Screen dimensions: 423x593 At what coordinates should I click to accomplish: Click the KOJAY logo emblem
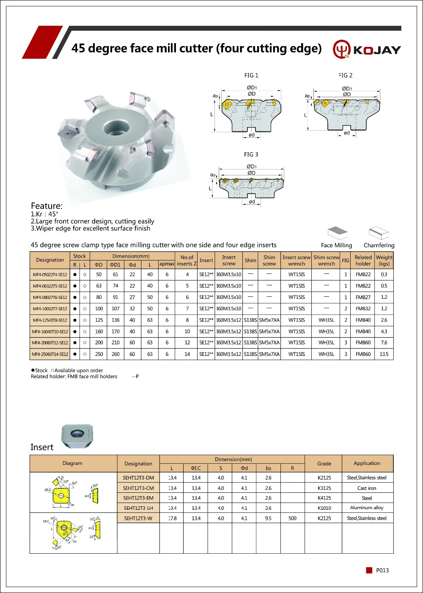click(x=342, y=49)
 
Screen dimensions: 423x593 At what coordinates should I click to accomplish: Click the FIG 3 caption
click(x=251, y=154)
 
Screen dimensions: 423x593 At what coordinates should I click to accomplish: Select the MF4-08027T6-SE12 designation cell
click(x=50, y=297)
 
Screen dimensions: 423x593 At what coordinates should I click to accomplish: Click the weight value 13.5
click(x=384, y=354)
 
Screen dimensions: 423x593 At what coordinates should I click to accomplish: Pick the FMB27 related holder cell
click(x=363, y=297)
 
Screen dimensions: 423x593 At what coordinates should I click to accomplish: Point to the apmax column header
click(x=167, y=264)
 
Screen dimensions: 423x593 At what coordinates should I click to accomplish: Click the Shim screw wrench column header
click(x=326, y=260)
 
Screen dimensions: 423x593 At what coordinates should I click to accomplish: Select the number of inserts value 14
click(x=187, y=354)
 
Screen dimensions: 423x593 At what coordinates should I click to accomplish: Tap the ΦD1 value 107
click(x=115, y=309)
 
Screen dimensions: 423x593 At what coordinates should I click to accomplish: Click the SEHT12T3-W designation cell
click(x=138, y=518)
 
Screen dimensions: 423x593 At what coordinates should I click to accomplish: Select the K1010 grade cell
click(x=324, y=508)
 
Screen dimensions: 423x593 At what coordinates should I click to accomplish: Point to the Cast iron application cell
click(x=367, y=488)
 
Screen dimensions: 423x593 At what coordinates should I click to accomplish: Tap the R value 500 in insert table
click(x=292, y=518)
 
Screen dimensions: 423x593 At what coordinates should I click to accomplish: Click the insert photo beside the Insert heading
click(x=77, y=437)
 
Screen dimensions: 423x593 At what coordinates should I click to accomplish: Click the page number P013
click(x=382, y=570)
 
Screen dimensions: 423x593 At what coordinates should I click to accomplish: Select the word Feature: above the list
click(x=47, y=206)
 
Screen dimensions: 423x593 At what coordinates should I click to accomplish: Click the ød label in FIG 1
click(x=252, y=135)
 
